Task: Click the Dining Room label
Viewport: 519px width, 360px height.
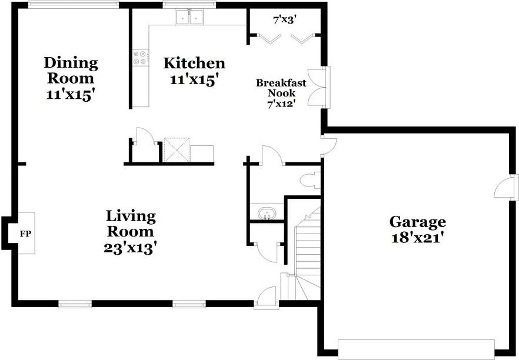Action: (71, 69)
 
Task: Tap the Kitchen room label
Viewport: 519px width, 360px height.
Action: (194, 63)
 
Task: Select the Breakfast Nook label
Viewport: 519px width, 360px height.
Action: (275, 88)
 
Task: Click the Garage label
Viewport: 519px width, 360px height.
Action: (417, 222)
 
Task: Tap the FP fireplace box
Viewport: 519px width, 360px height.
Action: (25, 234)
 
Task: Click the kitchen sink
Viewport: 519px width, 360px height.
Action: (189, 18)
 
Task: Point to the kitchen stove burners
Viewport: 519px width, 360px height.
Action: (141, 58)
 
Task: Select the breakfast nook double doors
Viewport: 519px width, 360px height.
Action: (320, 87)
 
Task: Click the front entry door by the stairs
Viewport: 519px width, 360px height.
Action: (267, 298)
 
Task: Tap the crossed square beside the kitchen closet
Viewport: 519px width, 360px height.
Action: (175, 149)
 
